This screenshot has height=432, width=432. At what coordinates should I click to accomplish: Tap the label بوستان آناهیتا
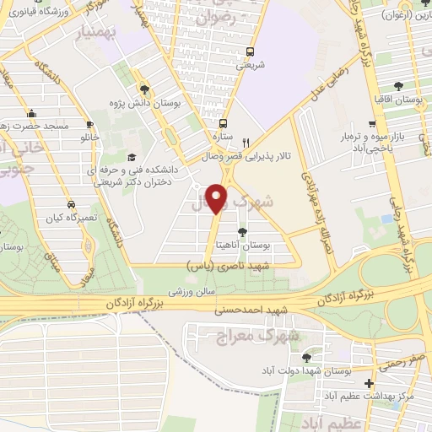267,246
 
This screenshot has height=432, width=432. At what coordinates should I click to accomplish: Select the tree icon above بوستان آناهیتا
243,232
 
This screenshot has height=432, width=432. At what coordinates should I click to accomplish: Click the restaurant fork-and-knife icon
246,143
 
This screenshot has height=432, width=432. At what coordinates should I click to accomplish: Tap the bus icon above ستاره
222,122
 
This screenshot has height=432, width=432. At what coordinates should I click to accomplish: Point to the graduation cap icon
131,158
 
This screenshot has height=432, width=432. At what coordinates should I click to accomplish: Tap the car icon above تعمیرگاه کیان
71,204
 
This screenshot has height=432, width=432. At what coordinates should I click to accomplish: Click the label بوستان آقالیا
401,100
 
